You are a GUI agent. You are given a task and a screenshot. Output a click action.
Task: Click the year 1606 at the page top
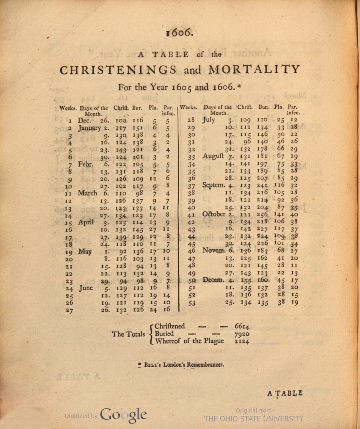pyautogui.click(x=180, y=33)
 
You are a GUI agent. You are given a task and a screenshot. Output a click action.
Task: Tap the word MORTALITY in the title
pyautogui.click(x=255, y=69)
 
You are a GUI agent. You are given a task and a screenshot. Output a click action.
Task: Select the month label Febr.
pyautogui.click(x=86, y=164)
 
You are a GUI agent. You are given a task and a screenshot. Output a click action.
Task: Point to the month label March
pyautogui.click(x=88, y=193)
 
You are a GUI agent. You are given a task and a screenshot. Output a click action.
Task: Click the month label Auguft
pyautogui.click(x=216, y=156)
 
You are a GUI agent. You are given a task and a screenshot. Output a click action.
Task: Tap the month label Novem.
pyautogui.click(x=215, y=251)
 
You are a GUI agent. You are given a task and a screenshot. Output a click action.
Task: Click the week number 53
pyautogui.click(x=191, y=302)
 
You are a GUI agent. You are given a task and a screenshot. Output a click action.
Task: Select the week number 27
pyautogui.click(x=69, y=310)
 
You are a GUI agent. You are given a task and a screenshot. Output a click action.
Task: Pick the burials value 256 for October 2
pyautogui.click(x=262, y=214)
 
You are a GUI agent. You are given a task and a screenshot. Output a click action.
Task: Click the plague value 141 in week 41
pyautogui.click(x=280, y=214)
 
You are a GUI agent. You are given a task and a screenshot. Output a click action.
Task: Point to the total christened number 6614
pyautogui.click(x=242, y=326)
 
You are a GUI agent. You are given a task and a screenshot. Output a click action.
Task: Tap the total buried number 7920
pyautogui.click(x=242, y=334)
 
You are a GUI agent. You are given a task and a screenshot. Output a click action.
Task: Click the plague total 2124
pyautogui.click(x=242, y=341)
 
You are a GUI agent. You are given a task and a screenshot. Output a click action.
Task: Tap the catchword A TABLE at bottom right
pyautogui.click(x=285, y=393)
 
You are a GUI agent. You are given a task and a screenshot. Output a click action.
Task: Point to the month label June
pyautogui.click(x=86, y=288)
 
